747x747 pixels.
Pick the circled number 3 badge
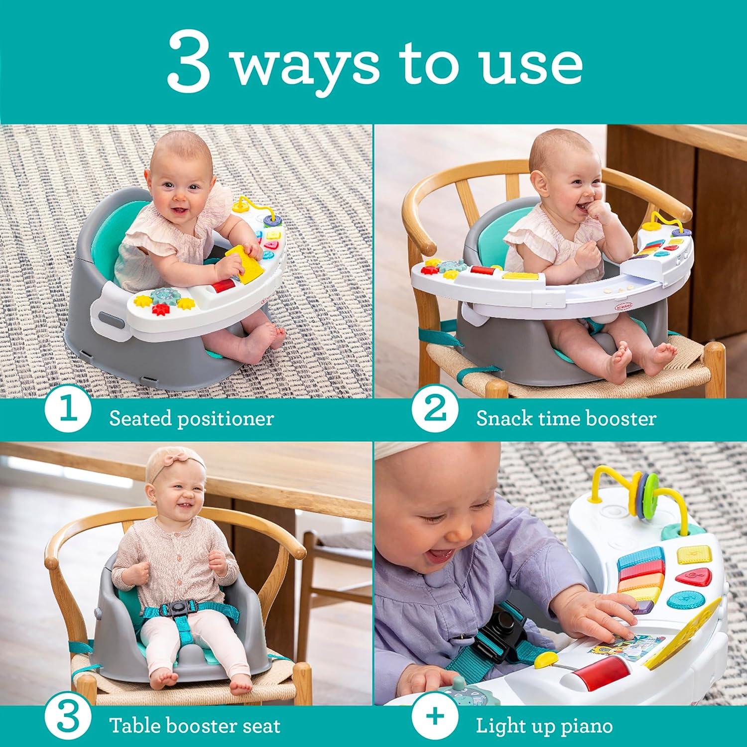click(x=68, y=725)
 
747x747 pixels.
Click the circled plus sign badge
click(x=435, y=725)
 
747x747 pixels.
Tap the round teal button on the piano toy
click(x=679, y=599)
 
